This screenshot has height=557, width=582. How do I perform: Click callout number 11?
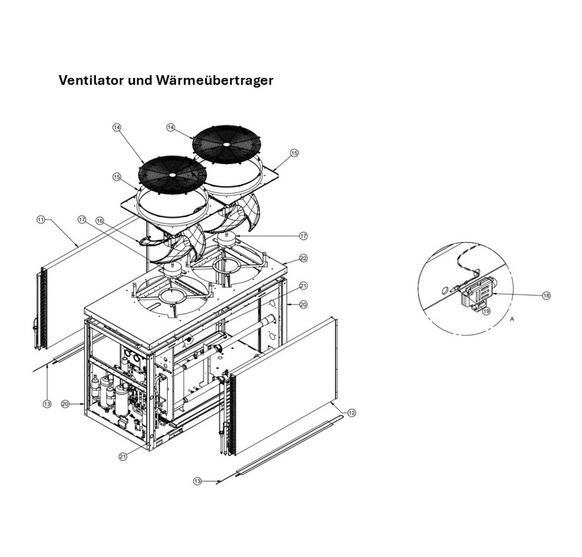click(41, 219)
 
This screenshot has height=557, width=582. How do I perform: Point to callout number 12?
click(352, 413)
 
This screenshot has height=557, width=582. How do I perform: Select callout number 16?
click(99, 221)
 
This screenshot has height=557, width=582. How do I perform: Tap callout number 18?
click(546, 296)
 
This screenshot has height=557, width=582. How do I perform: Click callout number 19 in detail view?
click(486, 311)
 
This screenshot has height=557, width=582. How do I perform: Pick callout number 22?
click(303, 259)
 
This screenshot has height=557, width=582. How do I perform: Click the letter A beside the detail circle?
click(512, 320)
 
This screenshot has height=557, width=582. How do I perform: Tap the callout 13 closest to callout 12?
click(197, 481)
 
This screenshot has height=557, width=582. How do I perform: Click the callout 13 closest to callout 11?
click(47, 404)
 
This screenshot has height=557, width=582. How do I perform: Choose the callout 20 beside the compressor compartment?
click(65, 403)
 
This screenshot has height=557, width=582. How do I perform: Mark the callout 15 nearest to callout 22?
click(294, 153)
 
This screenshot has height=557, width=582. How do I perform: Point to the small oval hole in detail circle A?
click(445, 288)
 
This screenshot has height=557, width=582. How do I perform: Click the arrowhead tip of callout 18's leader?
click(495, 294)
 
